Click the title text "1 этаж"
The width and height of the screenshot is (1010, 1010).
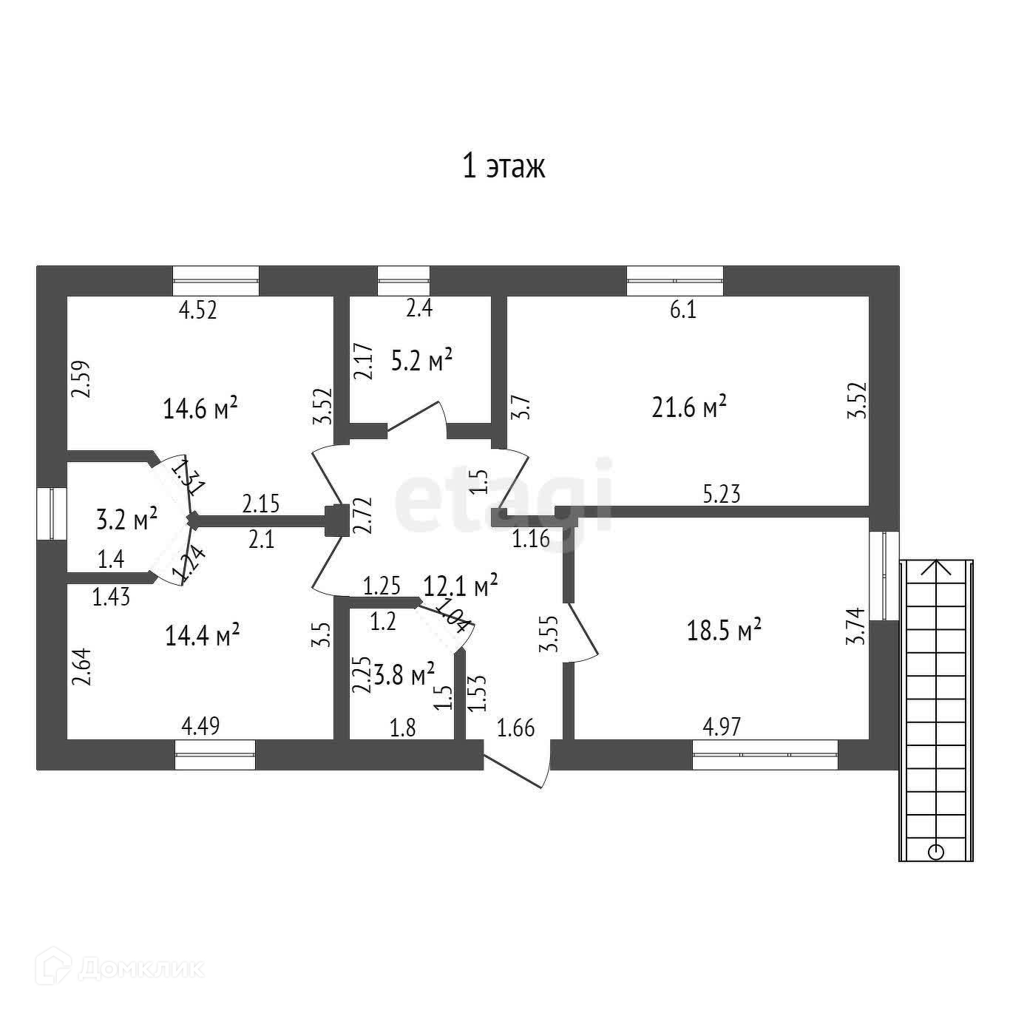click(x=504, y=167)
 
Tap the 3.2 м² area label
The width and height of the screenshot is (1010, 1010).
click(x=127, y=518)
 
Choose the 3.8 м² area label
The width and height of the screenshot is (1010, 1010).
click(x=404, y=674)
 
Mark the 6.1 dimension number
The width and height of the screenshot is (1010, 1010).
click(x=682, y=310)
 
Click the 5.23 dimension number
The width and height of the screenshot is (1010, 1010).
click(x=722, y=494)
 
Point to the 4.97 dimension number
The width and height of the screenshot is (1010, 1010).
click(x=721, y=727)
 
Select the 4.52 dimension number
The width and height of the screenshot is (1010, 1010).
click(x=198, y=310)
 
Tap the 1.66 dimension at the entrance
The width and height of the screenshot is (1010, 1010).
click(x=515, y=728)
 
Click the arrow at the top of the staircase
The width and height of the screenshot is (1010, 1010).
click(x=936, y=567)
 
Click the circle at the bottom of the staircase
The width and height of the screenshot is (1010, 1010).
click(x=936, y=852)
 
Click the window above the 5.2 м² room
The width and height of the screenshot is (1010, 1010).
click(x=404, y=281)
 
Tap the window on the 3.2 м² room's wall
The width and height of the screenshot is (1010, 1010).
click(x=52, y=513)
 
